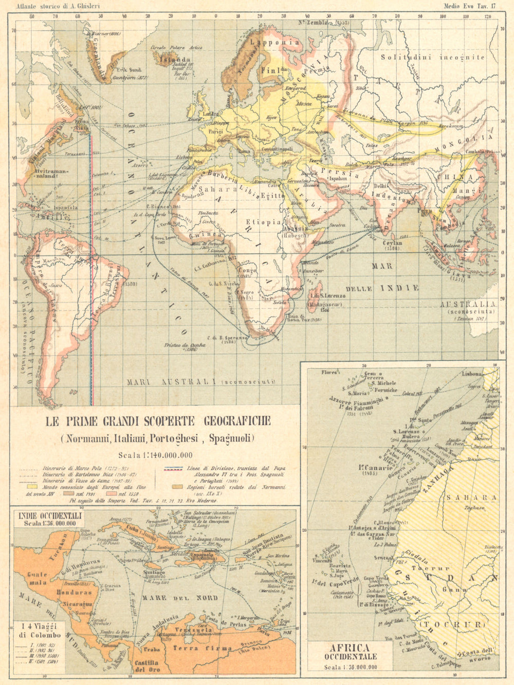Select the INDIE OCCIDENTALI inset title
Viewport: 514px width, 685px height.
pyautogui.click(x=44, y=515)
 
